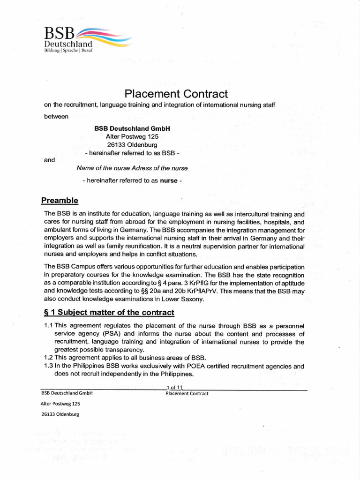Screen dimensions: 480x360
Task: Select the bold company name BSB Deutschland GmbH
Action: coord(132,128)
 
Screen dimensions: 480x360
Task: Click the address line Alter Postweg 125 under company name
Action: coord(132,136)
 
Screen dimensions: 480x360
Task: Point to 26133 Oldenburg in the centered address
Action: coord(132,145)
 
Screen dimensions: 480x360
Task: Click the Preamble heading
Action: coord(60,201)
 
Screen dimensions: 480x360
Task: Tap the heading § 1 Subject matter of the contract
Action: coord(108,312)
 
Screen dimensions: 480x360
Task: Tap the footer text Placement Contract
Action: coord(187,393)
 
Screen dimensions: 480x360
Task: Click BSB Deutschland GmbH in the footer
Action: coord(67,393)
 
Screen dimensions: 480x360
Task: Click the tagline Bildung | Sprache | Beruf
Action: coord(68,50)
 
